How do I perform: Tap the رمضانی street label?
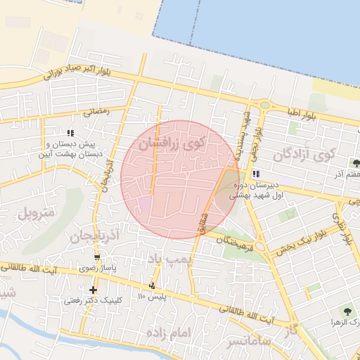pos(97,110)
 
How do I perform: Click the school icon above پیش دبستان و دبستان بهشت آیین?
pos(70,132)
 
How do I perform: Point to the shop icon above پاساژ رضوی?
pos(97,257)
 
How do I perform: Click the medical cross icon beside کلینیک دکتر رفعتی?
pos(93,290)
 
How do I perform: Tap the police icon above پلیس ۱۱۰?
pos(153,285)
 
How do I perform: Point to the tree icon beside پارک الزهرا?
pos(348,309)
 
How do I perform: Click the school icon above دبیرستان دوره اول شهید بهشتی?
pos(256,173)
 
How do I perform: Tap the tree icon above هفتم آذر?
pos(355,163)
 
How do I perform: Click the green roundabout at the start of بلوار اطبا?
pos(264,105)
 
